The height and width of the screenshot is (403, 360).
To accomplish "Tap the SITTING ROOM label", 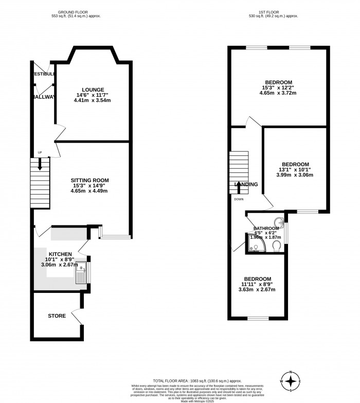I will pos(90,180).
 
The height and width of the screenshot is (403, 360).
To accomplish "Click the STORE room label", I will pos(57,316).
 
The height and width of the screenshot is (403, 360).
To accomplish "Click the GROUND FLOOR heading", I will pos(80,11).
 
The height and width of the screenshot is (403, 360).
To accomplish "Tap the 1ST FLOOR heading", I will pos(278,11).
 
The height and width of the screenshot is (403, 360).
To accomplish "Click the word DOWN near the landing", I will pos(239,199).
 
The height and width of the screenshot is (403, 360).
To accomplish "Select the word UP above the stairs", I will pos(39,152).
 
